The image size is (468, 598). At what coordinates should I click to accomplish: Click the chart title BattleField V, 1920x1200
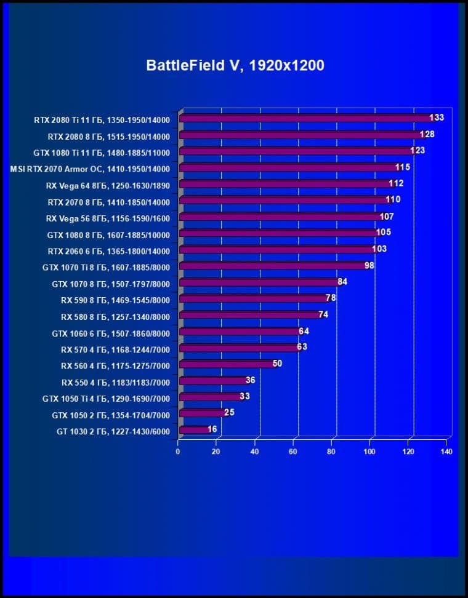(x=235, y=66)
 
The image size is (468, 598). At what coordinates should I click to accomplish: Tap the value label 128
(x=427, y=134)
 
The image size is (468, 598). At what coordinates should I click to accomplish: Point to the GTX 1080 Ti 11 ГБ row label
(x=106, y=152)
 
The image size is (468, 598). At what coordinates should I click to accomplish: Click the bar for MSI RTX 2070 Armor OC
(x=289, y=168)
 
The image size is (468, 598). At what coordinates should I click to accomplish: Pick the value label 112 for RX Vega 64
(x=396, y=183)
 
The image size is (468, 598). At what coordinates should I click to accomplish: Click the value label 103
(x=379, y=249)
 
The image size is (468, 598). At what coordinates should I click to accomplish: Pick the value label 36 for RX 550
(x=250, y=380)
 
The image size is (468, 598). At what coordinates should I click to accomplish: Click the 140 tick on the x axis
(x=446, y=452)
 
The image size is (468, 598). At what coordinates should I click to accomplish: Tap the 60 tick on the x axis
(x=293, y=452)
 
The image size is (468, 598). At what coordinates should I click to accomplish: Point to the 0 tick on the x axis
(x=178, y=452)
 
